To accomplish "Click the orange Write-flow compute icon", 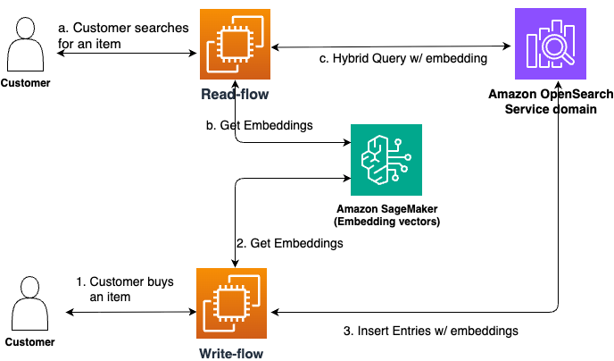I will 235,306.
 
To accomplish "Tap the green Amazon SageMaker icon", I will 386,161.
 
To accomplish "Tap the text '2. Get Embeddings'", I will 288,242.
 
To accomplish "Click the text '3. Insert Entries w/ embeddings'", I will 431,331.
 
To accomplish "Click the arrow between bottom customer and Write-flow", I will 132,313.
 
